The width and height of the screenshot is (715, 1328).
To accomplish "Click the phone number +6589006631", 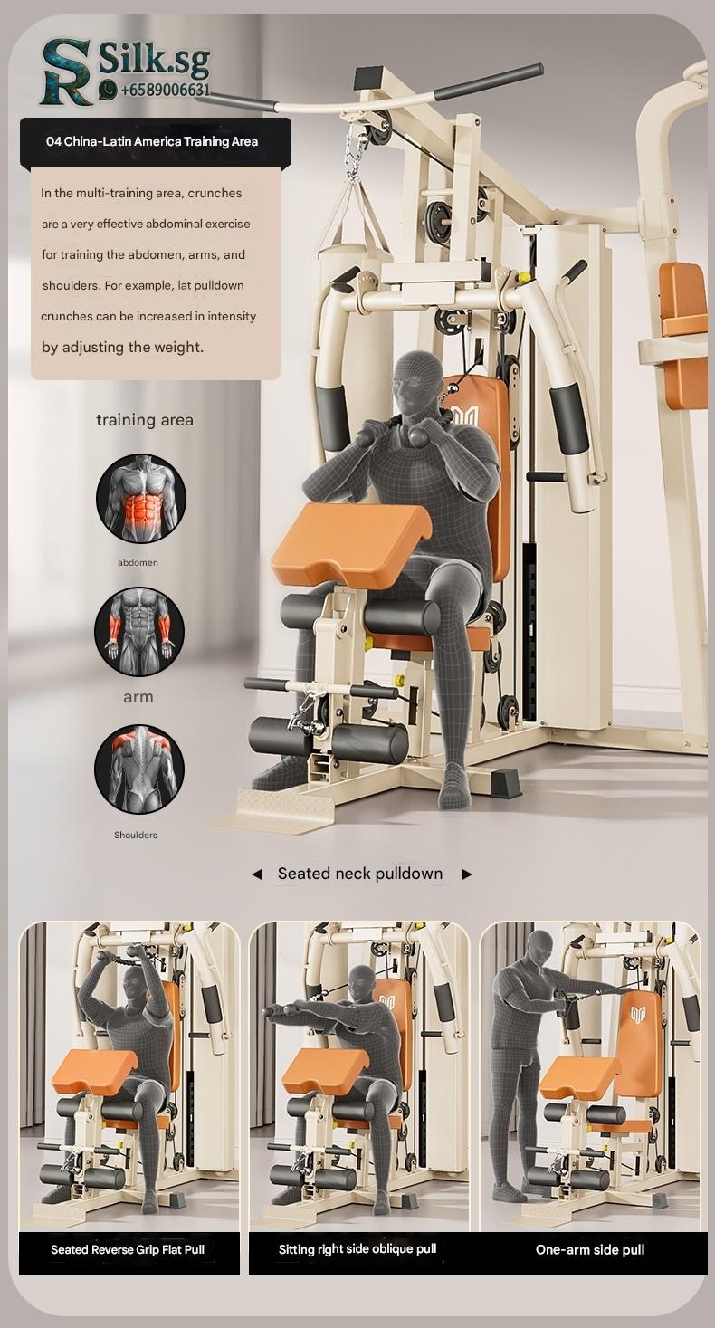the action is pos(166,91).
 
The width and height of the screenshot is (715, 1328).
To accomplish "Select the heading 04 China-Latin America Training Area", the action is pos(152,142).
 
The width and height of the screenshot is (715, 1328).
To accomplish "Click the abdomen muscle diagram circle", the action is pos(141,498).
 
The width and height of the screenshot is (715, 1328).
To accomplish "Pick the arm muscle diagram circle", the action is pos(139,631).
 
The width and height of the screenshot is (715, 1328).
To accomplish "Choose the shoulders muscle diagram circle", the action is pos(139,769).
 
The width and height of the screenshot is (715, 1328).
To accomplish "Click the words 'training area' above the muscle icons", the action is pos(145,420).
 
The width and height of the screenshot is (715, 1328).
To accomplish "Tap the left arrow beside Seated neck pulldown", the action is pos(257,874).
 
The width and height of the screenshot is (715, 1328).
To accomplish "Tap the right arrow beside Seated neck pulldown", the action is pos(467,874).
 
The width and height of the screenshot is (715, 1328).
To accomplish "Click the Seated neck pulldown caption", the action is pos(360,874).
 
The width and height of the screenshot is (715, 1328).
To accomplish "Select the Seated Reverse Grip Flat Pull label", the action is pos(128,1250).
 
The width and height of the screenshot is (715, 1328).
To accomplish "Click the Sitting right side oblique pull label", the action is pos(357,1249).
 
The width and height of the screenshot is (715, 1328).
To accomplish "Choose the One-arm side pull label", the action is pos(590,1250).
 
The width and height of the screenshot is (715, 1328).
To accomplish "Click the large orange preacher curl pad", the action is pos(353,537).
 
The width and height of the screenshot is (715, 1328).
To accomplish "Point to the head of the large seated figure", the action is pos(418,379).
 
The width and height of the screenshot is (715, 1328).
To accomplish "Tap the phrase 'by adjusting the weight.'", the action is pos(123,348).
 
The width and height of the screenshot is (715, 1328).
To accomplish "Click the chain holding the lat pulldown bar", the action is pos(357,151).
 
